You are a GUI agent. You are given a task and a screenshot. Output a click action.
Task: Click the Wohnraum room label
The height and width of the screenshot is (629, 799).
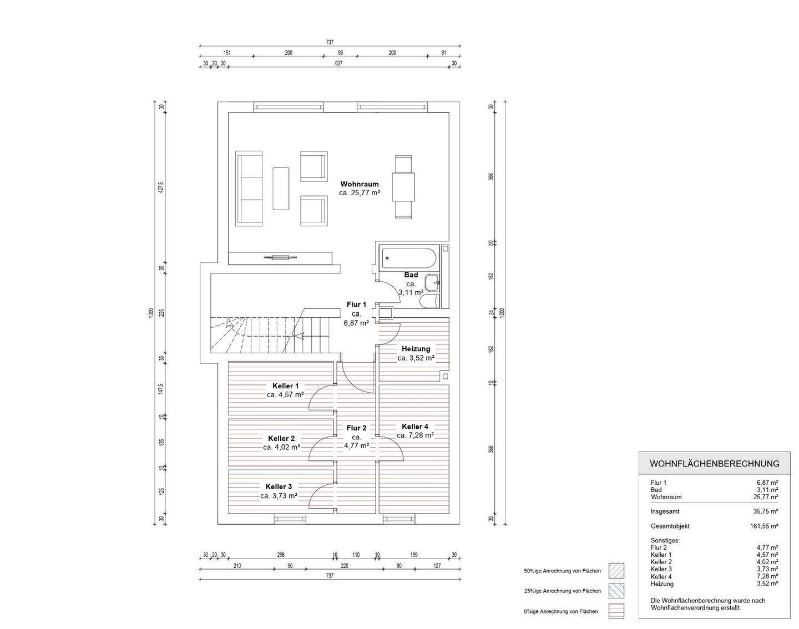[x=360, y=184]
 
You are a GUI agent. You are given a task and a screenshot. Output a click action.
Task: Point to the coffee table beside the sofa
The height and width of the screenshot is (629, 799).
[x=281, y=189]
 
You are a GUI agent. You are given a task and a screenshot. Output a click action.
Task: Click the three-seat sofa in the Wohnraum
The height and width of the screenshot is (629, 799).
[x=249, y=189]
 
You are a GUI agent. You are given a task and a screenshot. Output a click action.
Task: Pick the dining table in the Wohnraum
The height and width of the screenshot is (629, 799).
[x=403, y=187]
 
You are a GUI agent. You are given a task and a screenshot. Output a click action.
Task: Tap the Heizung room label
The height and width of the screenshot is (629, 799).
[x=416, y=349]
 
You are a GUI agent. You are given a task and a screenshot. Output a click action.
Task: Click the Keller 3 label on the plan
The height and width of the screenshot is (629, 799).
[x=279, y=487]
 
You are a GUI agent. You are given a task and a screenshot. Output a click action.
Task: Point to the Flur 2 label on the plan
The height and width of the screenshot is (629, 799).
[x=356, y=428]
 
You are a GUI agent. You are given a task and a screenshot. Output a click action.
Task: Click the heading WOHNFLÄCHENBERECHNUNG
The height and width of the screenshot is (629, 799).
[x=714, y=464]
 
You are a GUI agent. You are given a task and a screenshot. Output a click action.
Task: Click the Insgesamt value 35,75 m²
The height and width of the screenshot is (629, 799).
[x=766, y=511]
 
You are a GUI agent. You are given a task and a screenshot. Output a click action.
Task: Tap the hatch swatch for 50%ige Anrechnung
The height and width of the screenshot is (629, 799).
[x=616, y=571]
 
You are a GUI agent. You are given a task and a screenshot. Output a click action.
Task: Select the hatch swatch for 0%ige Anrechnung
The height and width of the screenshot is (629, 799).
[x=616, y=611]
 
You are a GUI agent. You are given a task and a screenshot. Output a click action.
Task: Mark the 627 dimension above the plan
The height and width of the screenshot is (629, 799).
[x=338, y=63]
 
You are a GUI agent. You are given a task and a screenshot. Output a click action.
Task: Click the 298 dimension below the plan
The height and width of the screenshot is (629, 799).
[x=281, y=555]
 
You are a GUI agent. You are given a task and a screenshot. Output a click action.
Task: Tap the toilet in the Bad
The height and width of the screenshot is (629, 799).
[x=430, y=302]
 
